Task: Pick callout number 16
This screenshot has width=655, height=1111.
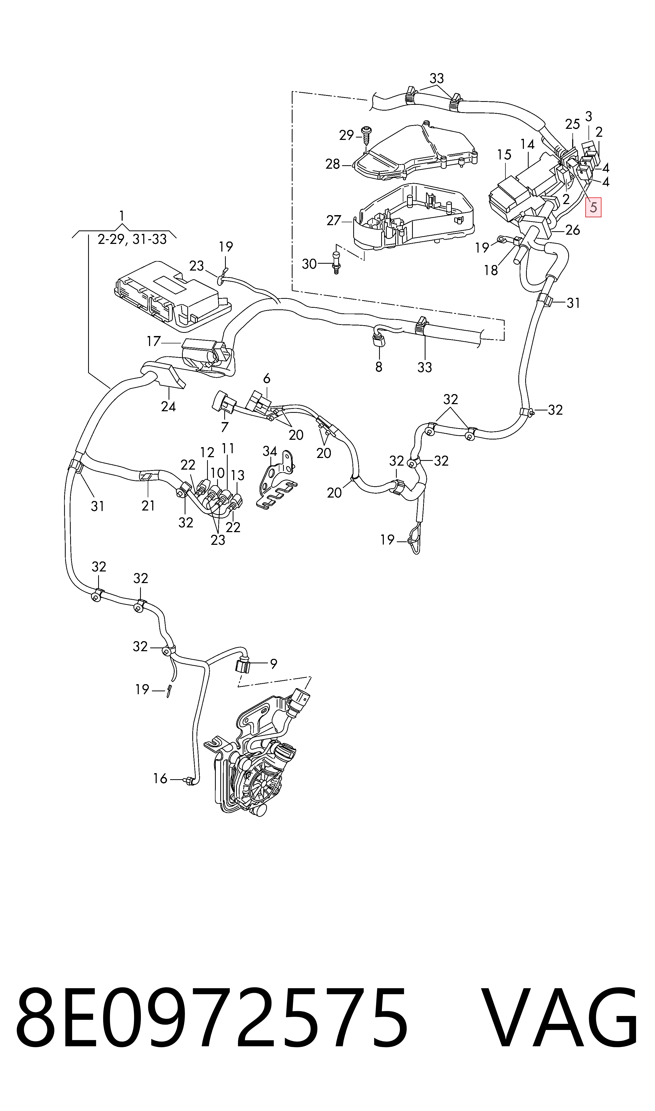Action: pyautogui.click(x=160, y=778)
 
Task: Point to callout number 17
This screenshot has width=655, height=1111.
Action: pyautogui.click(x=154, y=341)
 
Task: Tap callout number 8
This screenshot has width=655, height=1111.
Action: pyautogui.click(x=379, y=367)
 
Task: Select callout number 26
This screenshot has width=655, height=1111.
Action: pyautogui.click(x=572, y=230)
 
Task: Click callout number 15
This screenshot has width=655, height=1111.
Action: pyautogui.click(x=504, y=155)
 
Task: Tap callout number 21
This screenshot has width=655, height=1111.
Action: pyautogui.click(x=148, y=505)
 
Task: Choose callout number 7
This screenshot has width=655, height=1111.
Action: pyautogui.click(x=225, y=427)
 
